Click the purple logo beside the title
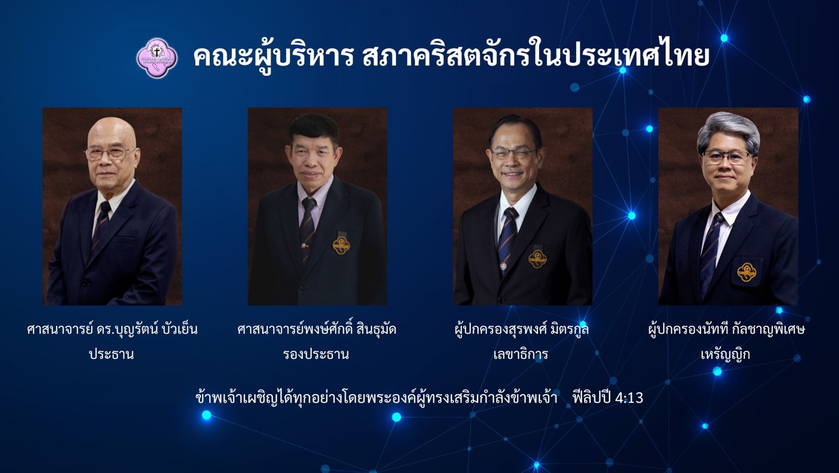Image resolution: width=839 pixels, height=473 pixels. point(157,58)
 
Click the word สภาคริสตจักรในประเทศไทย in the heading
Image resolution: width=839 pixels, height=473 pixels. point(536,56)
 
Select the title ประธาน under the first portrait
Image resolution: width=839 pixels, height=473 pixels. point(111,354)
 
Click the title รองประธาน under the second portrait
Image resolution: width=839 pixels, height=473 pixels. point(316,354)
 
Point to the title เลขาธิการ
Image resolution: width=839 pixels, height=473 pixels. point(521,354)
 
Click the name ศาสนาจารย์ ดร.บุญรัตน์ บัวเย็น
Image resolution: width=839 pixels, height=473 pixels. point(112,329)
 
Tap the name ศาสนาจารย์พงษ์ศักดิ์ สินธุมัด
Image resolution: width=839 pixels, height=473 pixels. point(317,329)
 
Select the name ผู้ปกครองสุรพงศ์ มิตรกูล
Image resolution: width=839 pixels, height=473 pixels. point(522,329)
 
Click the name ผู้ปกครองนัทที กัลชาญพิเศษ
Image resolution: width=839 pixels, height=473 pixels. point(727,329)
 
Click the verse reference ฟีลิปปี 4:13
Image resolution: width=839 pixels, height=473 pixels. point(608,398)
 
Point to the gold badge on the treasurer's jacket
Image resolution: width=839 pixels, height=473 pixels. point(747,272)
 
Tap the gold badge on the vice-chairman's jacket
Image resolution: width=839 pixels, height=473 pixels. point(341,245)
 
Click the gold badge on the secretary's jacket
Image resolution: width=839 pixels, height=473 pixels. point(537,259)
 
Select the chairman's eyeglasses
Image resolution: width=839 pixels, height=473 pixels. point(109,153)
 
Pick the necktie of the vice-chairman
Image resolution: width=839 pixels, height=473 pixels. point(307,229)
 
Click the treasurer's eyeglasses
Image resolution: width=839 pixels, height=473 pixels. point(727,157)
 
